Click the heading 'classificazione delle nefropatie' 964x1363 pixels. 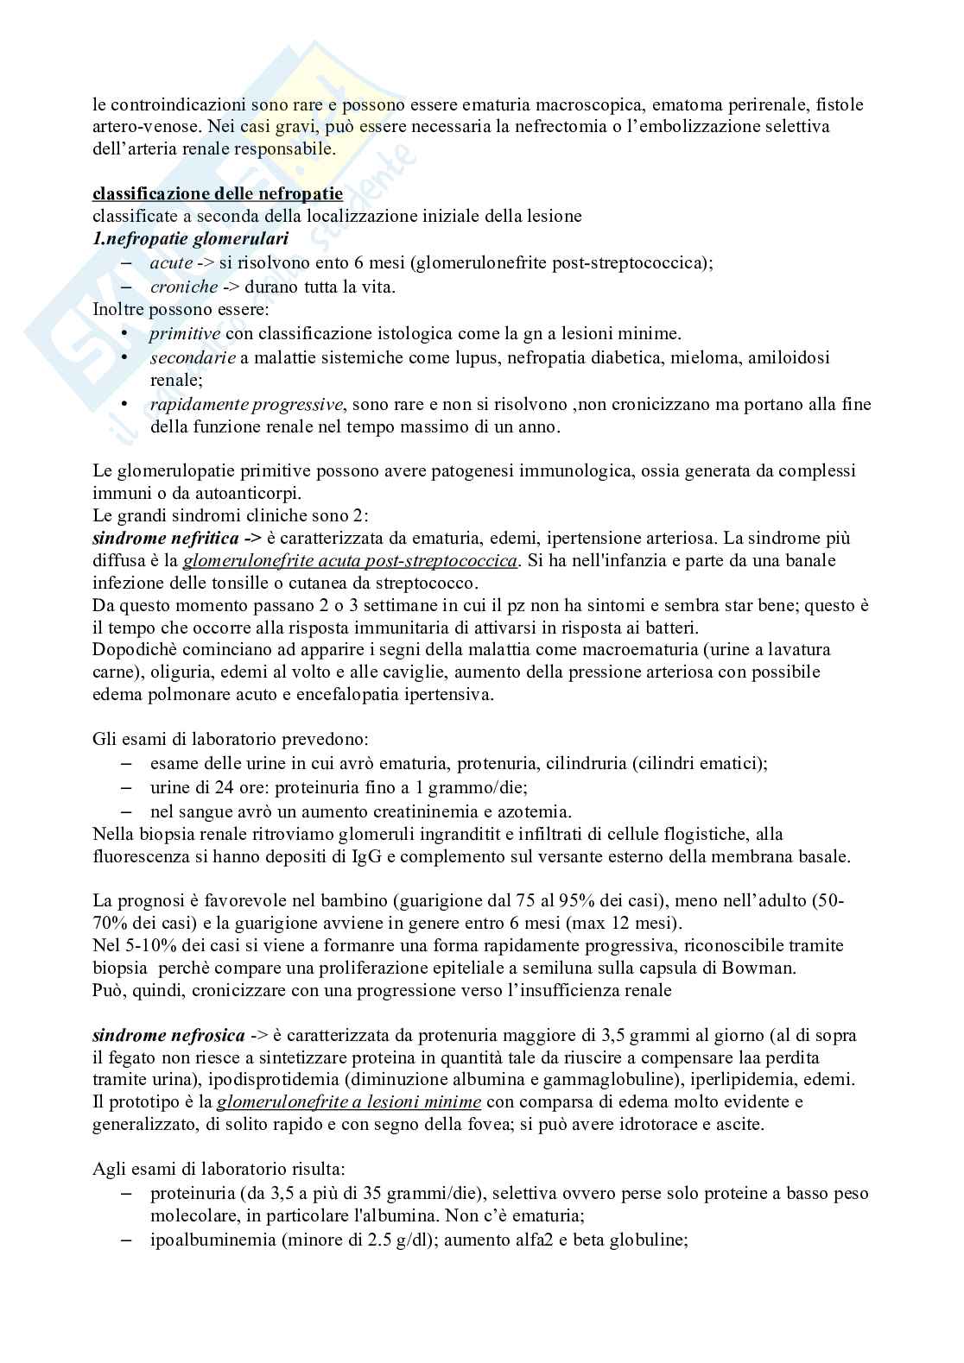pos(217,193)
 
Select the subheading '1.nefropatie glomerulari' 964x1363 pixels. pos(190,238)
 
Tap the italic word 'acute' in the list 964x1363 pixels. pos(171,262)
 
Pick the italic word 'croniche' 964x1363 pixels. pos(184,287)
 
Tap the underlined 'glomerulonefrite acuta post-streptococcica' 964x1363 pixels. pos(351,561)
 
